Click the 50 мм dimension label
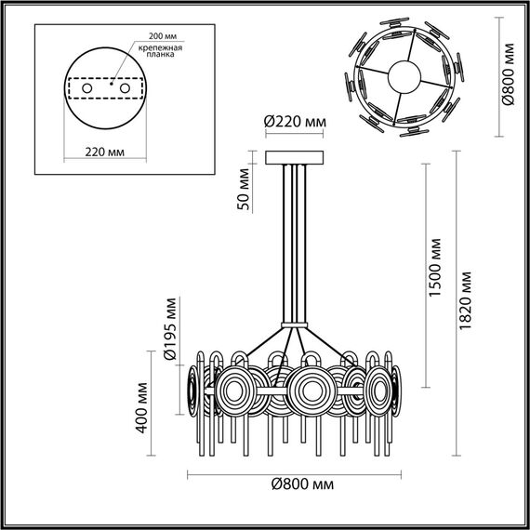coord(243,189)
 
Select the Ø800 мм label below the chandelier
coord(302,485)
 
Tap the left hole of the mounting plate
coord(87,88)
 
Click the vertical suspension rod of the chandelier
coord(295,242)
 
